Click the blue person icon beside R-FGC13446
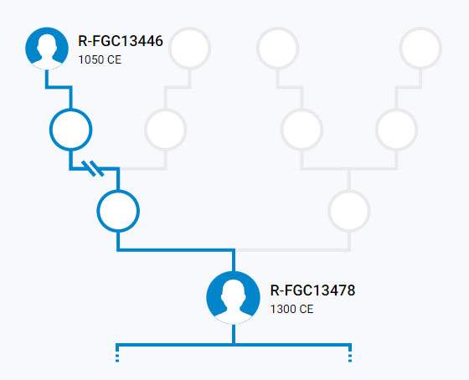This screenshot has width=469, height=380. coord(47,49)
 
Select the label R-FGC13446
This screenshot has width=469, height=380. coord(121,41)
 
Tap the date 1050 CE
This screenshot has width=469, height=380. coord(100,59)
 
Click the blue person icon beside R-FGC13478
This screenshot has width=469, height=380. coord(234,298)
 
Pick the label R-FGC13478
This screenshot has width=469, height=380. coord(312,290)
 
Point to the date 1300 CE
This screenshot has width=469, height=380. coord(291,309)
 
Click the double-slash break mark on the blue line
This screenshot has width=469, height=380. coord(93,168)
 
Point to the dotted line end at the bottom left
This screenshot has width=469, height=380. coord(117,358)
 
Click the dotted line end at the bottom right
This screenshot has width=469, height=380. coord(350,358)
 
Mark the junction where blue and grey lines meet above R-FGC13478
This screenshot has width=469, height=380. coord(234,250)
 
